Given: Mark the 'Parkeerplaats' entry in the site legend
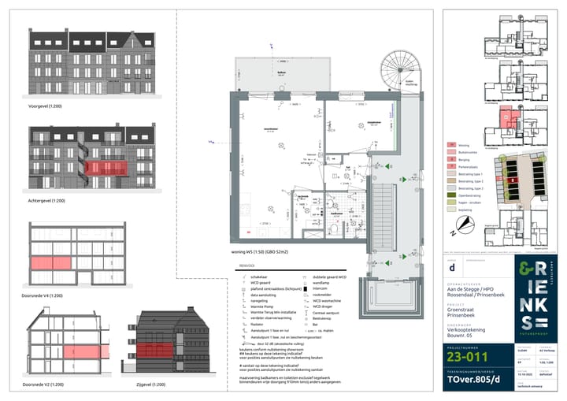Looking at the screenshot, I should click(471, 167).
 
